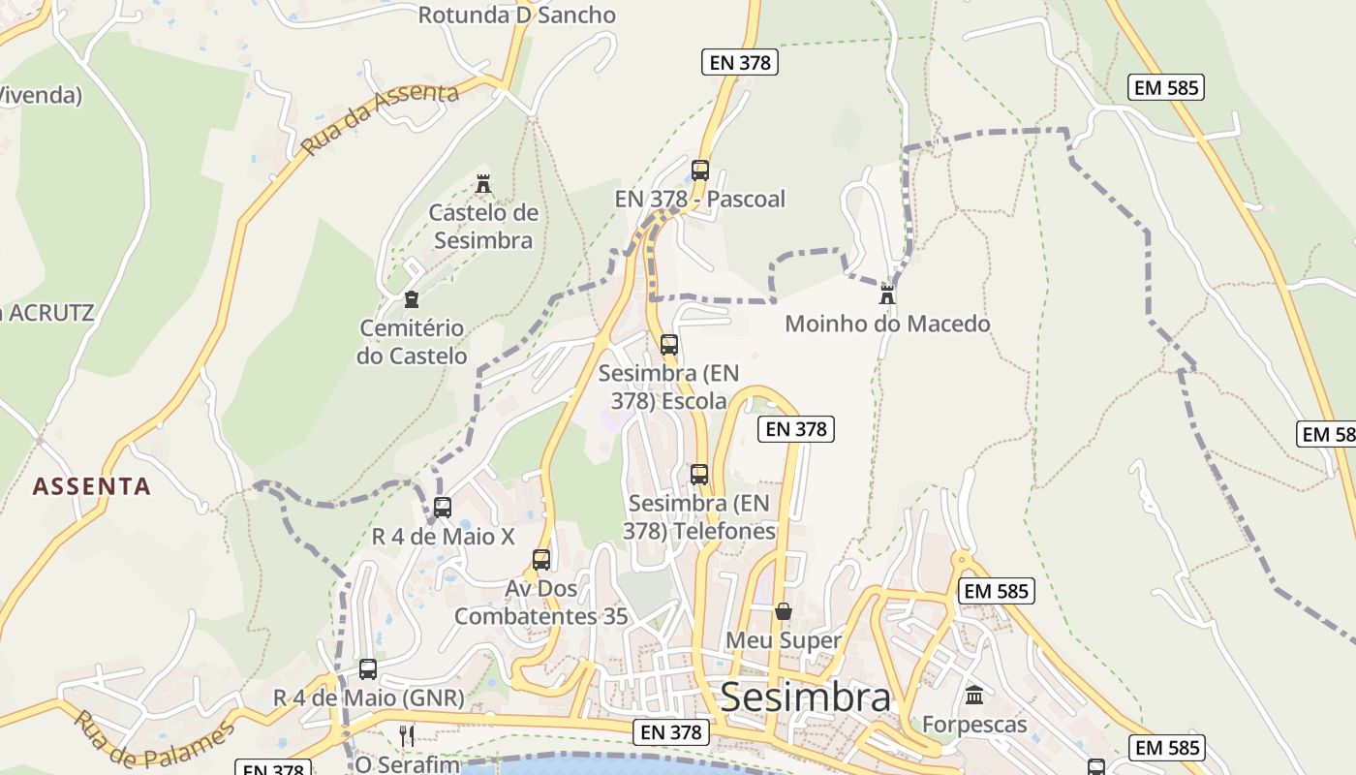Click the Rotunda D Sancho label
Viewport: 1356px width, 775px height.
coord(516,15)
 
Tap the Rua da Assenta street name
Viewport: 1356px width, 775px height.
coord(379,119)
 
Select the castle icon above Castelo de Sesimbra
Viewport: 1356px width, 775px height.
coord(483,183)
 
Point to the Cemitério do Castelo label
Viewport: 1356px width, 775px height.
coord(412,342)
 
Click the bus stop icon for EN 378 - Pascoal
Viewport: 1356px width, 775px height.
coord(700,170)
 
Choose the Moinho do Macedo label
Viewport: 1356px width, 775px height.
coord(887,324)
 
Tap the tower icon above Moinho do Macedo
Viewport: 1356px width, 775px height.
coord(887,294)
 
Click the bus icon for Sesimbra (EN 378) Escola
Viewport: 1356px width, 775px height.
coord(669,344)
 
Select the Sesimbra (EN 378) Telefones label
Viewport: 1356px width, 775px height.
coord(701,517)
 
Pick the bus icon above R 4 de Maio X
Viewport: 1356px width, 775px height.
coord(443,507)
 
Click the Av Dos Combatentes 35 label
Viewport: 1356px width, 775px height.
coord(540,603)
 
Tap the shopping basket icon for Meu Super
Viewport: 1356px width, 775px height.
coord(784,611)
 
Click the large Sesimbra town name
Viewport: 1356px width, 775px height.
coord(806,697)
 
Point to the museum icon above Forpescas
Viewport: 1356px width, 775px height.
coord(974,695)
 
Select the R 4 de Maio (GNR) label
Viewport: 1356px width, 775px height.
coord(368,697)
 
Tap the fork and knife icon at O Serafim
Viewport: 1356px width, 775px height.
coord(407,735)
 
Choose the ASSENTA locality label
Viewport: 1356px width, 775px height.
coord(92,486)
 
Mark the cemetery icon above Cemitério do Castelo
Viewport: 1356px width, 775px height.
coord(412,298)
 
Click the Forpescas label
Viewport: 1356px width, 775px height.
coord(974,725)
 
